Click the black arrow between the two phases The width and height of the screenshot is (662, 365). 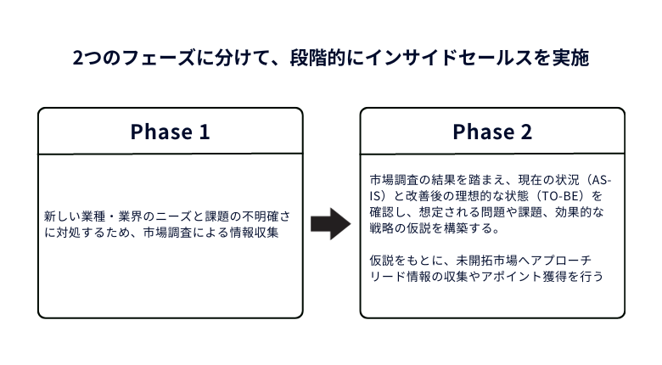(x=331, y=224)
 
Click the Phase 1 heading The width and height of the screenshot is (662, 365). (x=170, y=132)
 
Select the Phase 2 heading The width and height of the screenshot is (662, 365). (x=492, y=132)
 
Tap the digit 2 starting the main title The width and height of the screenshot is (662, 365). (x=78, y=58)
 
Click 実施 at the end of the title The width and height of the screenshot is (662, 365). (x=571, y=58)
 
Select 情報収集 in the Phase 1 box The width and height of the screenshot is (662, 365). (x=254, y=233)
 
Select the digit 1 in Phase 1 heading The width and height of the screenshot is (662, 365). (x=205, y=132)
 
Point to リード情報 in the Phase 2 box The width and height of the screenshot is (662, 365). (x=395, y=276)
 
